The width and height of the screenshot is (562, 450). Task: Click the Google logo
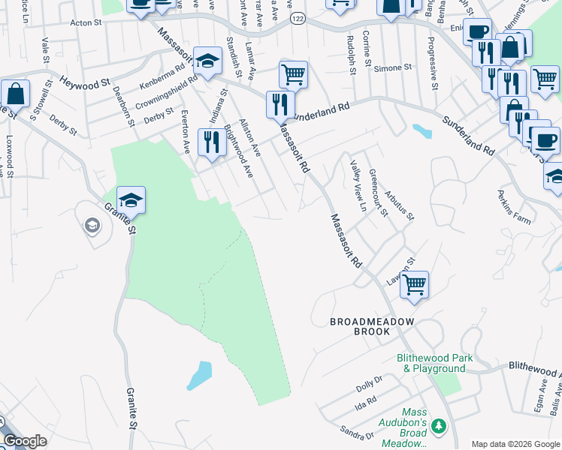coord(26,440)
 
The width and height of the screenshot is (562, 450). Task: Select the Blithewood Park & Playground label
coord(436,363)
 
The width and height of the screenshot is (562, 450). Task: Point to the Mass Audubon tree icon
coord(439,426)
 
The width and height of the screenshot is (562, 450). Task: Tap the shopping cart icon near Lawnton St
coord(414,285)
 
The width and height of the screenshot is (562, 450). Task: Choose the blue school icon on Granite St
coord(131,200)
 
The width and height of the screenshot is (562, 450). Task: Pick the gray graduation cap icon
coord(92,225)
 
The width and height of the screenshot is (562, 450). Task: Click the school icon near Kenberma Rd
coord(207,61)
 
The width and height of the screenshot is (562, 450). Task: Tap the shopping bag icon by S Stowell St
coord(15,94)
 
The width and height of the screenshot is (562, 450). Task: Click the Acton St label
coord(85,23)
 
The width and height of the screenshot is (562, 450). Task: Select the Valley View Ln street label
coord(357,185)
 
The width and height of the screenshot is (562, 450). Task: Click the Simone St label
coord(394,67)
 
